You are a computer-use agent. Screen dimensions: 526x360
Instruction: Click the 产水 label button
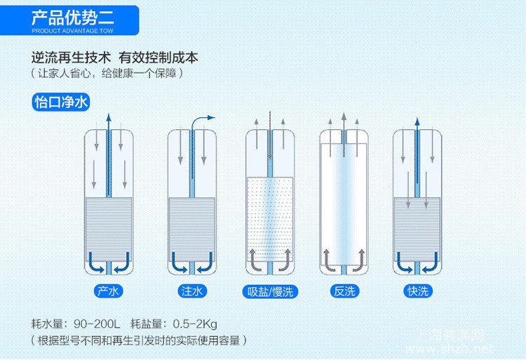(x=108, y=291)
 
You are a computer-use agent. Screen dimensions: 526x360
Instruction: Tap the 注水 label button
(x=192, y=291)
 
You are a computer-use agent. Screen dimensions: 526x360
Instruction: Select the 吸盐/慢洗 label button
(x=270, y=291)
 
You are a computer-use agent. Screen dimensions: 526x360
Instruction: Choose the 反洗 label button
(x=344, y=291)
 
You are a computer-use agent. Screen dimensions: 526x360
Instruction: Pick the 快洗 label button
(x=418, y=291)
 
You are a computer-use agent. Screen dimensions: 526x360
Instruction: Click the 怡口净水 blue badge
(x=61, y=102)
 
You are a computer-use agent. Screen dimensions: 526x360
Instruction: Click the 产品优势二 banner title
(x=73, y=18)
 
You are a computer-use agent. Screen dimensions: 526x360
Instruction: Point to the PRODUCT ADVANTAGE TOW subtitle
(x=72, y=31)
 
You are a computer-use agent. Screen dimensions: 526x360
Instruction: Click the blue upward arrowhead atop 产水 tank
(x=108, y=117)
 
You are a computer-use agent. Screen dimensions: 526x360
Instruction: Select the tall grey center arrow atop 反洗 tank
(x=344, y=134)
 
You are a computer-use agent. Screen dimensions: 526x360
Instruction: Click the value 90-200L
(x=97, y=324)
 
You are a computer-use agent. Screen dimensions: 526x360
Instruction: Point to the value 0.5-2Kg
(x=195, y=324)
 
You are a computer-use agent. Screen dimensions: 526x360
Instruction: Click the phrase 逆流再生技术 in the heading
(x=71, y=58)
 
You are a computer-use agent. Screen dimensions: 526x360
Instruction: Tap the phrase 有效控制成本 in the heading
(x=158, y=58)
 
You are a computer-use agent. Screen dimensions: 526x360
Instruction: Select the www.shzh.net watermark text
(x=450, y=349)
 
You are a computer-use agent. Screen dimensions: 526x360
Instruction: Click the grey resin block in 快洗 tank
(x=417, y=229)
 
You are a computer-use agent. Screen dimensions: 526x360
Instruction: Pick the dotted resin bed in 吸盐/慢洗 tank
(x=270, y=219)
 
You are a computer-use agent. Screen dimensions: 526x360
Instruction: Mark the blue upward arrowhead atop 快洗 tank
(x=417, y=121)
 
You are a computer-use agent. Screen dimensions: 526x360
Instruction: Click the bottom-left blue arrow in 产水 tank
(x=96, y=263)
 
